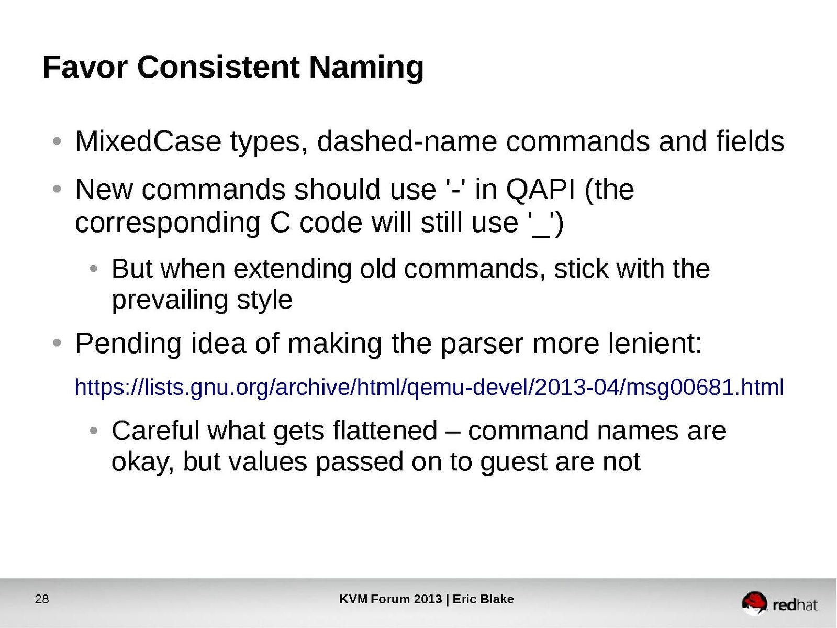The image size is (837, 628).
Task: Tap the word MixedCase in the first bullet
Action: (148, 141)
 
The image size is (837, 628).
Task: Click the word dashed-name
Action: (407, 141)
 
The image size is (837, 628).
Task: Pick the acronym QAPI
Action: (540, 190)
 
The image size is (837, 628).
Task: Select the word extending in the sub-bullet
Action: (292, 270)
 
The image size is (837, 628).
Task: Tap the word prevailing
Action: (170, 301)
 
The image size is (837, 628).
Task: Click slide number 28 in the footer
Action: (42, 599)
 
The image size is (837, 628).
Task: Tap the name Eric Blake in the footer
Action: (483, 599)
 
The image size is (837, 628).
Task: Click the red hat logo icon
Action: (754, 603)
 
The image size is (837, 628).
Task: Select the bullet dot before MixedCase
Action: (57, 141)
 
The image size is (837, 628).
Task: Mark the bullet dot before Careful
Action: (94, 431)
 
